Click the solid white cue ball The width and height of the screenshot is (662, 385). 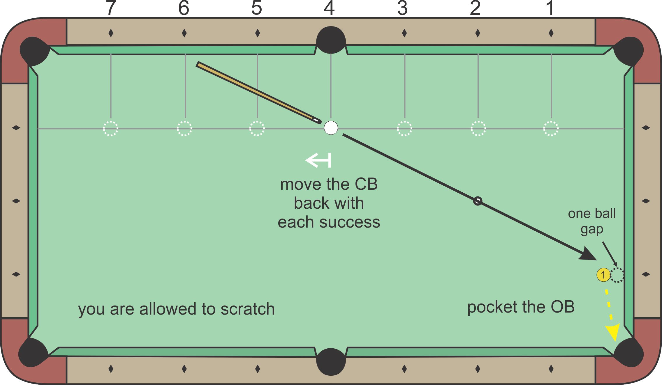pos(331,128)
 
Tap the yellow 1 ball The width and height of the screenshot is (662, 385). pos(603,275)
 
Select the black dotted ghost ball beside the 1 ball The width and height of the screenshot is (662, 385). pos(617,275)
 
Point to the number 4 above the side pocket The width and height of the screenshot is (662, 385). pos(329,8)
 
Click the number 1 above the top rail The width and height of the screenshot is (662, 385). pos(550,8)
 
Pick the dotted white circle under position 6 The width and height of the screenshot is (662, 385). pos(184,128)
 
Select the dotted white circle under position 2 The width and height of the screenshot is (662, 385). pos(478,128)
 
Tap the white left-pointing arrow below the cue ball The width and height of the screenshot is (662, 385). pos(318,160)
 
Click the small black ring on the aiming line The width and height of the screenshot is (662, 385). pos(478,201)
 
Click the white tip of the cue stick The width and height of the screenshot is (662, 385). pos(316,120)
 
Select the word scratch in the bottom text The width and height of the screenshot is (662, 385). pos(247,309)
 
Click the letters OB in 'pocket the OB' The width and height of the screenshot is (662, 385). pos(562,307)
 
